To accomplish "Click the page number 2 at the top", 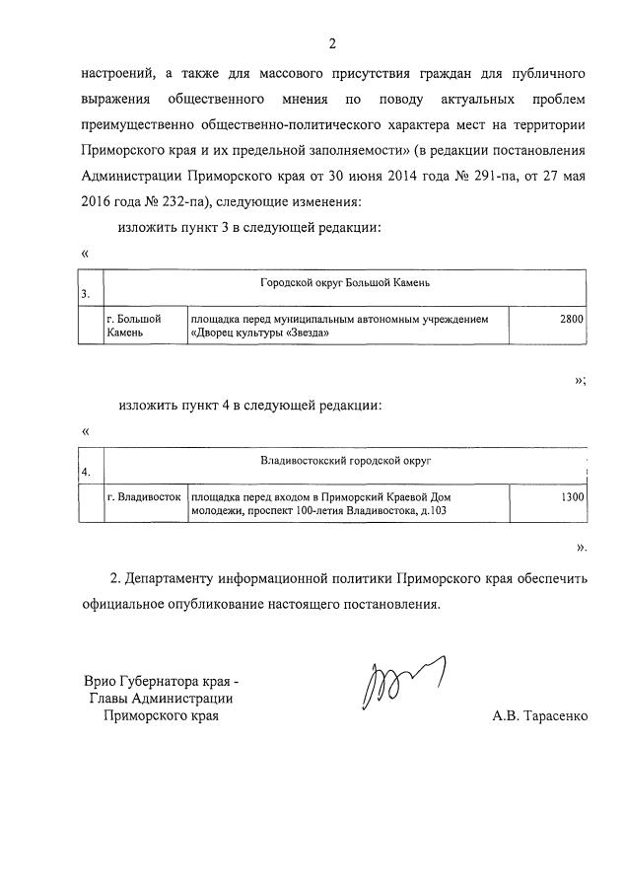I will click(332, 42).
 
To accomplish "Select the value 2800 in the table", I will click(571, 319).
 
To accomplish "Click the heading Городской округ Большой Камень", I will click(345, 283).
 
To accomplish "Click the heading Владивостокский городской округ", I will click(345, 461).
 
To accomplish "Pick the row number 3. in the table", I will click(86, 293).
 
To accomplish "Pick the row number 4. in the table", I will click(86, 472).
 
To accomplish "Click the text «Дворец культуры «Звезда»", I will click(257, 333).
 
